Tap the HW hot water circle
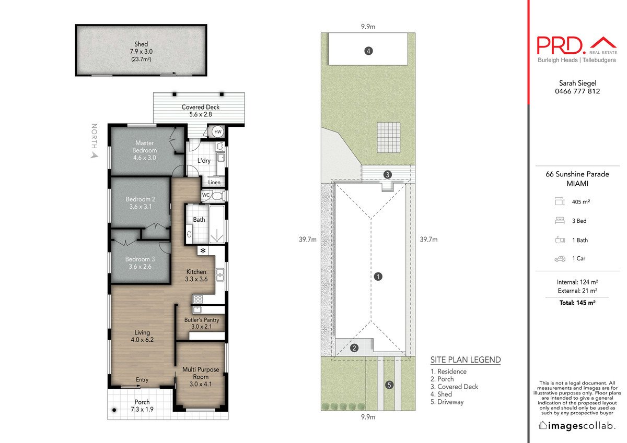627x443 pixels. [x=218, y=131]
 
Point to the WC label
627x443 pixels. [x=206, y=195]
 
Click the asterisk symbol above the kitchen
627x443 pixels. [x=203, y=250]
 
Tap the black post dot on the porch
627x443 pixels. [x=114, y=410]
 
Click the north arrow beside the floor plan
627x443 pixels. [x=95, y=154]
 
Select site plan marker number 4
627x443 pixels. [x=368, y=51]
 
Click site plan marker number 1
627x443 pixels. [x=378, y=277]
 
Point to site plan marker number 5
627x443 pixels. [x=389, y=385]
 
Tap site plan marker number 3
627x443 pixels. [x=387, y=175]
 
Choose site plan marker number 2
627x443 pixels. [x=354, y=348]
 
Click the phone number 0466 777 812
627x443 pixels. [x=577, y=91]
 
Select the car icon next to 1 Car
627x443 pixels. [x=560, y=259]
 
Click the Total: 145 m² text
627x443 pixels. [x=577, y=303]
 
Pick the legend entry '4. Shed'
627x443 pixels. [x=441, y=394]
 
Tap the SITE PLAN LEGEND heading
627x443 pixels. [x=466, y=360]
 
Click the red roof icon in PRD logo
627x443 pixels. [x=603, y=42]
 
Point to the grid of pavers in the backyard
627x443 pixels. [x=389, y=138]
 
